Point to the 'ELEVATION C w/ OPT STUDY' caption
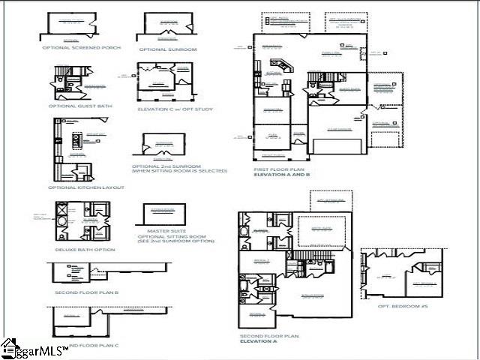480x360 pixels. [x=175, y=109]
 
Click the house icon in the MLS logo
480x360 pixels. [x=9, y=347]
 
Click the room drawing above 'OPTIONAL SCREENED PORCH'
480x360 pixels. [x=70, y=25]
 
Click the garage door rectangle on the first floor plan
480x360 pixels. [x=346, y=144]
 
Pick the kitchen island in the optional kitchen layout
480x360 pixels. [x=75, y=140]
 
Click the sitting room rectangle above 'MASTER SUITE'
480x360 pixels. [x=163, y=214]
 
